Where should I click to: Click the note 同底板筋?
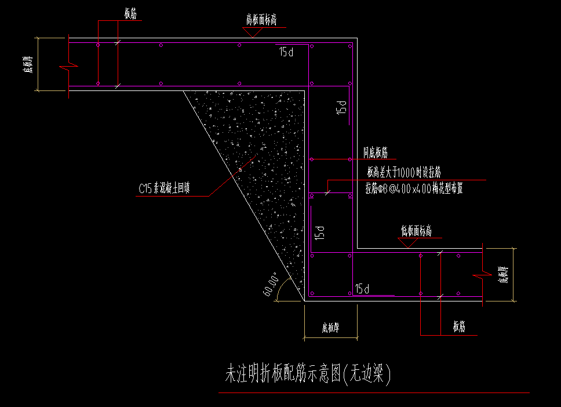point(376,152)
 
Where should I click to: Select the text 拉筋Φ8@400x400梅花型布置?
point(414,188)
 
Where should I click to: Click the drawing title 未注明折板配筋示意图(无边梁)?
point(308,375)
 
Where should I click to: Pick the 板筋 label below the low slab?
point(459,327)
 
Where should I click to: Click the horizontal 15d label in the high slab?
point(286,52)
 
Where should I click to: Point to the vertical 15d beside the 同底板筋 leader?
point(341,107)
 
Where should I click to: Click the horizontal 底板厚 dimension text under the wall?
point(330,328)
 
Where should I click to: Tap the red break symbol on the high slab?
point(69,66)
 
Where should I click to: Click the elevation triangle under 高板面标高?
point(253,32)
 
